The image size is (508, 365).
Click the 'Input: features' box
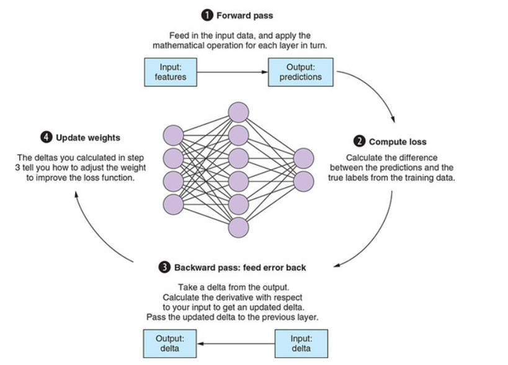(x=171, y=72)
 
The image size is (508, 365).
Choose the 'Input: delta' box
(x=301, y=343)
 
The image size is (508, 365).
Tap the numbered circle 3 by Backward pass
(x=164, y=268)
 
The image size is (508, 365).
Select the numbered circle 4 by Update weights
(x=47, y=137)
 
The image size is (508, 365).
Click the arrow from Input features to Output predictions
(x=233, y=73)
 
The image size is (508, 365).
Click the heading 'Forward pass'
(x=235, y=15)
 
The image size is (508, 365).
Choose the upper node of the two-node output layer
(x=303, y=159)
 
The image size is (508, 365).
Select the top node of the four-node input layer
(x=173, y=136)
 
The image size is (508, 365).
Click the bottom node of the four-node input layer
(x=173, y=204)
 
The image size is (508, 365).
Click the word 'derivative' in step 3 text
(x=248, y=297)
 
